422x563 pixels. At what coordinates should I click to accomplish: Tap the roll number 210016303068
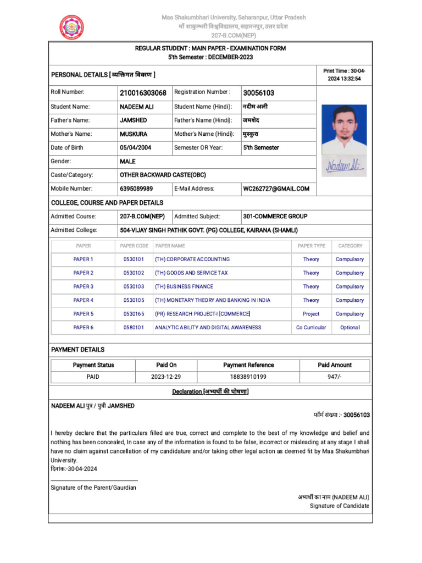click(143, 93)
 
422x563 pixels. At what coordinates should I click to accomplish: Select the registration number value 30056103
click(258, 93)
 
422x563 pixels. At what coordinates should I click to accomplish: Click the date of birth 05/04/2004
click(135, 147)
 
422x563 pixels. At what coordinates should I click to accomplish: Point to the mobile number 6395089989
click(136, 189)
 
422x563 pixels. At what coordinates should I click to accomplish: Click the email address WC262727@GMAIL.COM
click(276, 189)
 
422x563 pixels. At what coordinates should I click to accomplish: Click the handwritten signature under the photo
click(345, 165)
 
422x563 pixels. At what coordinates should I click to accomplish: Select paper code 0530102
click(134, 273)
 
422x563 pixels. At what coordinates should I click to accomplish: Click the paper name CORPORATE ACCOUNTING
click(192, 259)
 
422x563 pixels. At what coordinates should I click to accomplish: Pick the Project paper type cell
click(311, 314)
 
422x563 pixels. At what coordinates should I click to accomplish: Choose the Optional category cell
click(350, 327)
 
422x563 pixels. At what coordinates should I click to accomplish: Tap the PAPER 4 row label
click(84, 300)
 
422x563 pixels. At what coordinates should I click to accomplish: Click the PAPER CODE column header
click(134, 246)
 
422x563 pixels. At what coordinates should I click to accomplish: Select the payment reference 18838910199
click(248, 377)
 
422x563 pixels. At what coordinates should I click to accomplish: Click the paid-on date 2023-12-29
click(166, 377)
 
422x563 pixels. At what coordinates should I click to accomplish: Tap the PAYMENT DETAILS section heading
click(77, 350)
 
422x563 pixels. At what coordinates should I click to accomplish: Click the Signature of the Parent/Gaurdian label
click(93, 488)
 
